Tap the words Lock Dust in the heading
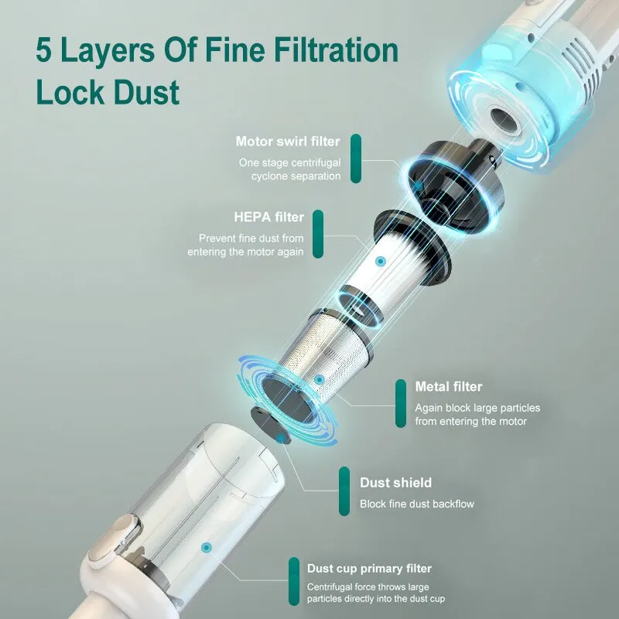(x=108, y=91)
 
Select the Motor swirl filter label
(x=288, y=142)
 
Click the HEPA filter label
(x=268, y=217)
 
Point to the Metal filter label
(x=449, y=387)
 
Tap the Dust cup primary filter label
(x=370, y=569)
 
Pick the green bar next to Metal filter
(x=400, y=403)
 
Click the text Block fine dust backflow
(x=416, y=504)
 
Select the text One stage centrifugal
(x=289, y=162)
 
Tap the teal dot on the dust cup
(x=206, y=548)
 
